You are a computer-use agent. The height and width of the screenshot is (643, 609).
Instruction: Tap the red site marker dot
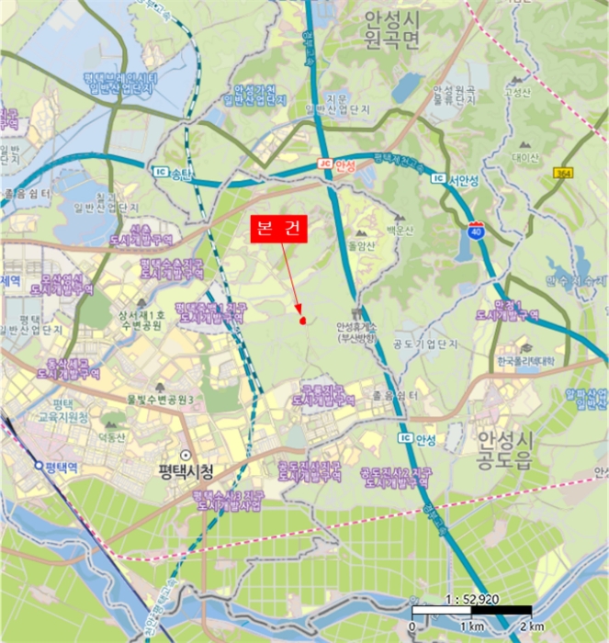pos(302,321)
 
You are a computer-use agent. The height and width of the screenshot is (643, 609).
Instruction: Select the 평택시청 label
pos(184,471)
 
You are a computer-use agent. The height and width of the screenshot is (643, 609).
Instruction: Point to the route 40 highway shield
pos(476,230)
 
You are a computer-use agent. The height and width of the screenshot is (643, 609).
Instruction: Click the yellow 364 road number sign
pos(563,173)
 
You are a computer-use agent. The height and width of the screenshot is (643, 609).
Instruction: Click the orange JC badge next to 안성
pos(323,164)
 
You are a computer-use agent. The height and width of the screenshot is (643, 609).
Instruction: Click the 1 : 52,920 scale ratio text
pos(468,600)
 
